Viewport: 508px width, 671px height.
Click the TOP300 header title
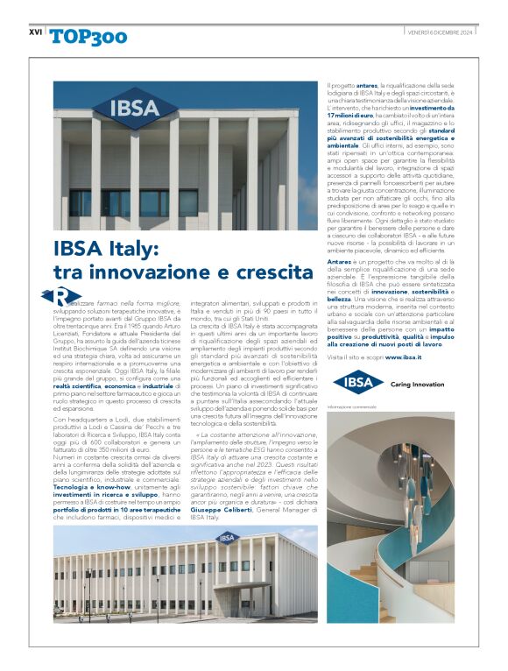point(88,36)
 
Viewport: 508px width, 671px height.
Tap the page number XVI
point(35,32)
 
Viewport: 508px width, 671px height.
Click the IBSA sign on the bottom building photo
point(228,538)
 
